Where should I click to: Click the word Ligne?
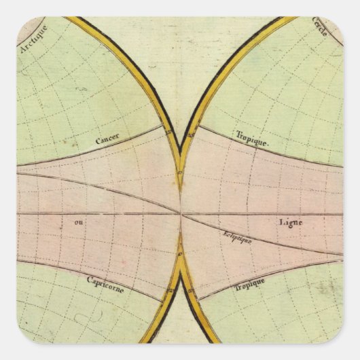(287, 222)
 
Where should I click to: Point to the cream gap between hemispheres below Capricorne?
(180, 326)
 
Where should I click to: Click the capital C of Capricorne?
(89, 278)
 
